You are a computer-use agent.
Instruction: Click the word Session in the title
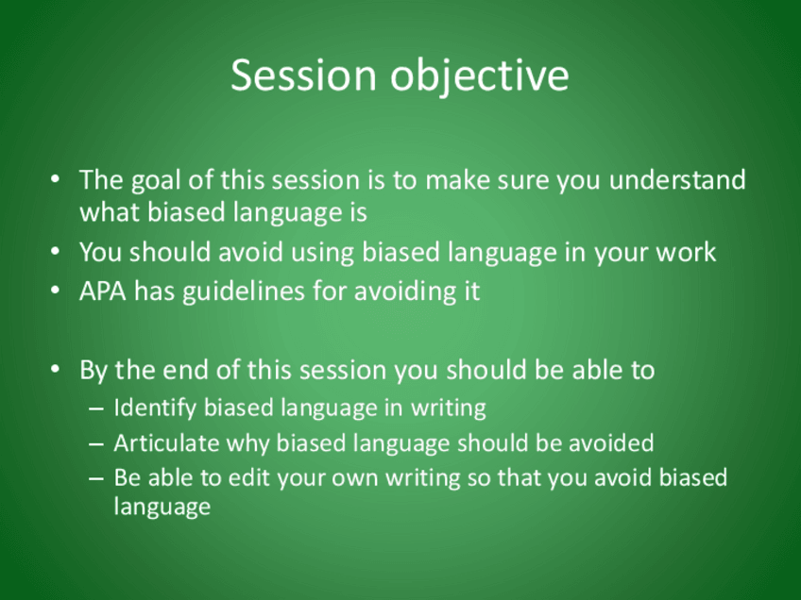(303, 75)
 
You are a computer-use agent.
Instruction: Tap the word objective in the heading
(480, 76)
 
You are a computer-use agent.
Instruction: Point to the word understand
(677, 180)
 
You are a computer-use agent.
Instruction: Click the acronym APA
(103, 292)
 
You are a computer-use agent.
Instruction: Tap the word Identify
(155, 408)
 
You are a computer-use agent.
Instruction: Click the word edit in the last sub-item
(247, 477)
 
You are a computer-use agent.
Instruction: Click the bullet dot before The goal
(55, 180)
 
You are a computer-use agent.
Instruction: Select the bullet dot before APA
(55, 291)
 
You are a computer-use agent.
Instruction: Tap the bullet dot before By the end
(55, 370)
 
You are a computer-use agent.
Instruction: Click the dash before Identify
(96, 409)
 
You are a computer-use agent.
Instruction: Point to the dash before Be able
(96, 479)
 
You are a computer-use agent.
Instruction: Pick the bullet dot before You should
(55, 252)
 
